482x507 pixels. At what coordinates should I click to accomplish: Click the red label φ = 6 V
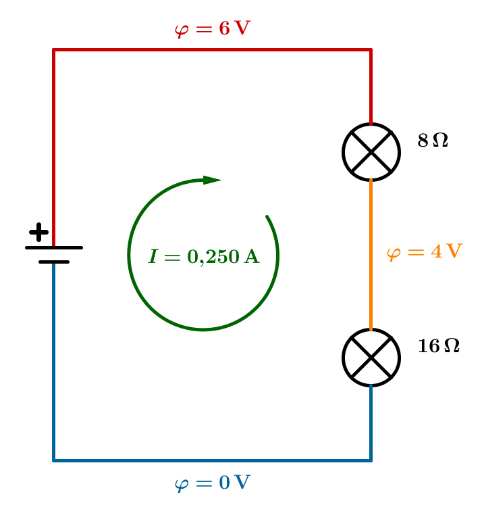[x=212, y=29]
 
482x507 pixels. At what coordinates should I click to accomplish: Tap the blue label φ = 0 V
[x=212, y=483]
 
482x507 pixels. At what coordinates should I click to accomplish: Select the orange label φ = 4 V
[x=424, y=253]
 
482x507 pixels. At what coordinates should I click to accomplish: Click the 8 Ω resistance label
[x=433, y=141]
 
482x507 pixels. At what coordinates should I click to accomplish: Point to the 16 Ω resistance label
[x=438, y=346]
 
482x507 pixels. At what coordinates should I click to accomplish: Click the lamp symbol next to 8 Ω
[x=371, y=152]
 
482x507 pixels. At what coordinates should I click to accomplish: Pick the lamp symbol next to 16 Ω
[x=371, y=358]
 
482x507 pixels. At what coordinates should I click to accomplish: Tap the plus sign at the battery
[x=39, y=232]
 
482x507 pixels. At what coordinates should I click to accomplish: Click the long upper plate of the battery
[x=54, y=248]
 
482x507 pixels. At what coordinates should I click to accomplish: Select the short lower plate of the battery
[x=54, y=262]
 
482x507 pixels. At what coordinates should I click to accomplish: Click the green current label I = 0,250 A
[x=204, y=257]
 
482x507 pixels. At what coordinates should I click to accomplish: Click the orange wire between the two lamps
[x=371, y=254]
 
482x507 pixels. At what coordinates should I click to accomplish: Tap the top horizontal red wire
[x=212, y=49]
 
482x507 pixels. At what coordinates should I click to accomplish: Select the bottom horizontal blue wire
[x=212, y=461]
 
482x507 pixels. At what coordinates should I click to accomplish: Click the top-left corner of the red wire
[x=54, y=49]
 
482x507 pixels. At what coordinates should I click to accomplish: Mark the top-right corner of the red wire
[x=371, y=49]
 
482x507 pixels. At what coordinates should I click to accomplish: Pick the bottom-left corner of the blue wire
[x=54, y=461]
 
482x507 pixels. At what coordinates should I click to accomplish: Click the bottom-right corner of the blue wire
[x=371, y=461]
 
